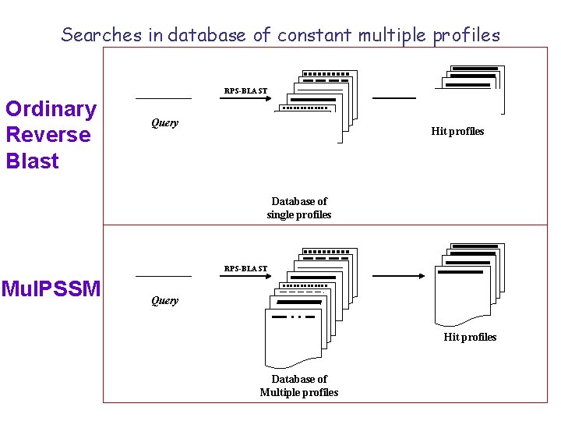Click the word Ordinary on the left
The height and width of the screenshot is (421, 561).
click(x=51, y=109)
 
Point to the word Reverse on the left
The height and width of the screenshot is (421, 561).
click(x=48, y=135)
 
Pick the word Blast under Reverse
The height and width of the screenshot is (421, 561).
click(x=33, y=161)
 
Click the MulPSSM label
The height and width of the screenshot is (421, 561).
click(x=51, y=289)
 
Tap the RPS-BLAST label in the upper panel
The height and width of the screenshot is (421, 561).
click(x=245, y=91)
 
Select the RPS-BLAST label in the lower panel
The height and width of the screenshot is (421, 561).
click(x=245, y=269)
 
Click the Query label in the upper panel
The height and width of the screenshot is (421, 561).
click(x=164, y=122)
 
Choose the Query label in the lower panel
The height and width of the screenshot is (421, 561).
click(x=164, y=300)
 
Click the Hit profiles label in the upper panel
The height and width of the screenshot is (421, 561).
click(x=457, y=131)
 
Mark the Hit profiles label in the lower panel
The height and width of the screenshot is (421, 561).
click(x=470, y=337)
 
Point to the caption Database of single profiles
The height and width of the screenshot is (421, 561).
click(x=299, y=208)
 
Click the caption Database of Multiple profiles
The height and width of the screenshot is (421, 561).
click(x=299, y=386)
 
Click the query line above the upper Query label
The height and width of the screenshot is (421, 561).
click(x=164, y=99)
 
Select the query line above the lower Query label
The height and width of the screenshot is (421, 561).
click(x=164, y=277)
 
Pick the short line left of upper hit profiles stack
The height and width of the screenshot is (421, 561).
click(x=394, y=98)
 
